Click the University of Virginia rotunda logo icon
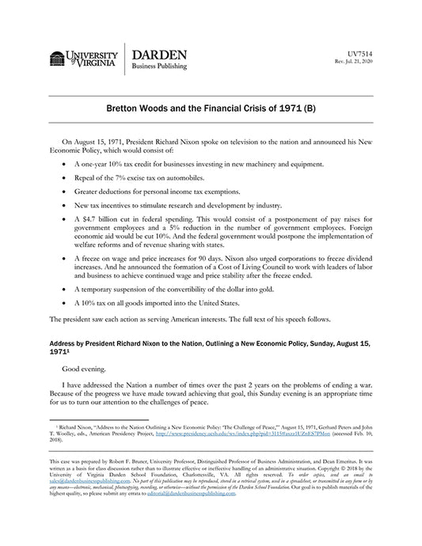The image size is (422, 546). tap(57, 59)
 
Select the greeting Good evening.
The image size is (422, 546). tap(84, 369)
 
